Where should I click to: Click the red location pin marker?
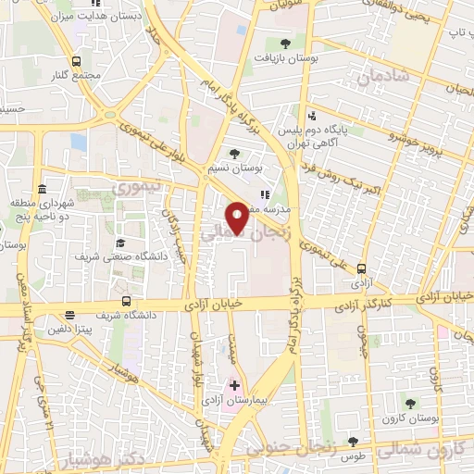(238, 217)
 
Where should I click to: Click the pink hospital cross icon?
(234, 385)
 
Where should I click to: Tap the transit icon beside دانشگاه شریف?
(125, 301)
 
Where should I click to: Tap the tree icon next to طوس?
(352, 443)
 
